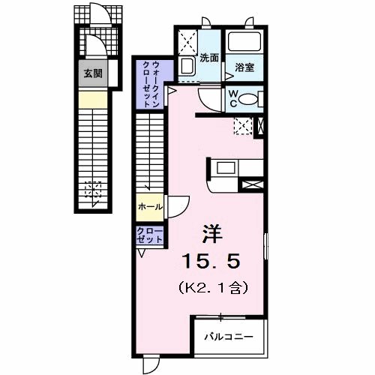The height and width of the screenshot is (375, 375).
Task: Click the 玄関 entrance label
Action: point(93,73)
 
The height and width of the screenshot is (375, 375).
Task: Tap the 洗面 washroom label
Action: point(209,58)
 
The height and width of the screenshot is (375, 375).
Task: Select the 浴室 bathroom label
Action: point(244,67)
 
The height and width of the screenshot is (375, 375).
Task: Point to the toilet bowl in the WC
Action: point(248,99)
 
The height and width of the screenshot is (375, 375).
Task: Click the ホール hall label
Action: point(150,207)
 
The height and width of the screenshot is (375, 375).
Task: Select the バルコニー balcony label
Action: point(229,337)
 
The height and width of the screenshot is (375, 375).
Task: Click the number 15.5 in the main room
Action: point(211,261)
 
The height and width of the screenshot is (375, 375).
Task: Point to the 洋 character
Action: point(212,234)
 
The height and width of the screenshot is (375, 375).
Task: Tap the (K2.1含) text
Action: point(213,288)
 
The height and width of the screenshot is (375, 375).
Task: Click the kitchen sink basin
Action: point(226,167)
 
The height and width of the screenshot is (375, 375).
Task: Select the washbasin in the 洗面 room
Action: point(187,66)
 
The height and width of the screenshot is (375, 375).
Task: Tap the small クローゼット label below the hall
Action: point(150,235)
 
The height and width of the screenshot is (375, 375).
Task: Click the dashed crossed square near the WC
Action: point(243,127)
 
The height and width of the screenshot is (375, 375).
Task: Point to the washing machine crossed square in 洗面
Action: point(188,42)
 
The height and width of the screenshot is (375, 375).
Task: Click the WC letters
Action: point(233,99)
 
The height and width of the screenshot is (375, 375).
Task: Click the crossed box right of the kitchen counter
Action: point(253,184)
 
